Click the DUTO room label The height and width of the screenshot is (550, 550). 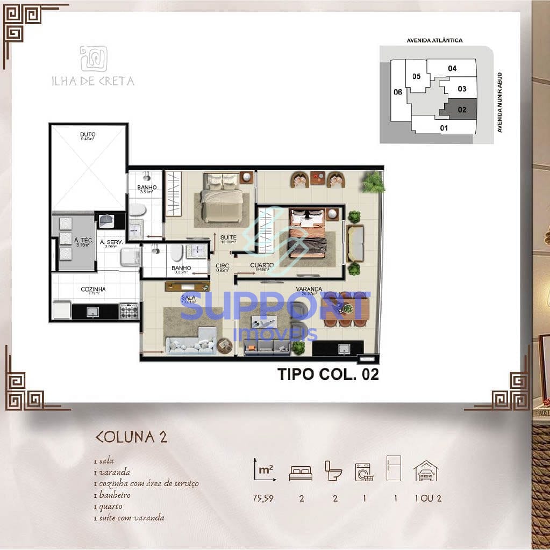(88, 134)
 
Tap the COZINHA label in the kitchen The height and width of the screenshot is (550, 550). (93, 289)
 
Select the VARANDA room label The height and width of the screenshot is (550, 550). (309, 289)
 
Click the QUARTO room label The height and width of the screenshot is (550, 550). (262, 265)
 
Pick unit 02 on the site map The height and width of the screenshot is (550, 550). (462, 109)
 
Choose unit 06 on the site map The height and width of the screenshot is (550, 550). (398, 92)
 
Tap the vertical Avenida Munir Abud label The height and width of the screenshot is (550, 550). (499, 102)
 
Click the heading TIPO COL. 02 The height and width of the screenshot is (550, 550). (328, 374)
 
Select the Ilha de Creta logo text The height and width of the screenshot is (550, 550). (93, 81)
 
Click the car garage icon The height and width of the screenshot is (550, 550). (426, 471)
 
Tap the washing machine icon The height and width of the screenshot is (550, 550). (365, 471)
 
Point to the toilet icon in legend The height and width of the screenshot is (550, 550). (333, 471)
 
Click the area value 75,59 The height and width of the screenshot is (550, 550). (263, 498)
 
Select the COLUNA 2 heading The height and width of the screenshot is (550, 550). (131, 436)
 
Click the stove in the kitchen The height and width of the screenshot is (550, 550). (128, 310)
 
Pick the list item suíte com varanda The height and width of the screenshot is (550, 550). (132, 518)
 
